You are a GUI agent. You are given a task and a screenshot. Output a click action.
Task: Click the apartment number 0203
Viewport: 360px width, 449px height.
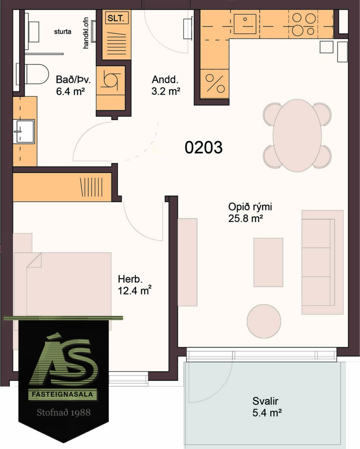(203, 147)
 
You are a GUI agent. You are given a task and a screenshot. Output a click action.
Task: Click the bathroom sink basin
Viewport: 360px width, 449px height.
(24, 131)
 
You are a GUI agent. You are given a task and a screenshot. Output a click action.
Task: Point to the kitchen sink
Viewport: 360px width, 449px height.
(245, 24)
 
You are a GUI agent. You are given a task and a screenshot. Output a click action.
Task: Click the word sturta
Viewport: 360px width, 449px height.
(62, 32)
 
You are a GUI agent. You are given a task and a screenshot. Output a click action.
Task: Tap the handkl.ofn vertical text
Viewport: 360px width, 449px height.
(86, 33)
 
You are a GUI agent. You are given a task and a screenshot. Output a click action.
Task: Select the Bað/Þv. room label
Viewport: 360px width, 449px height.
(73, 80)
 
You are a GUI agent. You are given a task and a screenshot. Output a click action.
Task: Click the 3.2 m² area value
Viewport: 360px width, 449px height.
(166, 91)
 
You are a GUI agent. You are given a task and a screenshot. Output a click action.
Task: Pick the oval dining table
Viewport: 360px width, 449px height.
(297, 135)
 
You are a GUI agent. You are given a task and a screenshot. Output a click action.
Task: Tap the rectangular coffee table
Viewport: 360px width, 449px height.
(268, 262)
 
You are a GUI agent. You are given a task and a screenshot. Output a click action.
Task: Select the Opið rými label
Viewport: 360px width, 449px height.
(250, 207)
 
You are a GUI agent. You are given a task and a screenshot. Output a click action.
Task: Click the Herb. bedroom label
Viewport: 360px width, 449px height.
(130, 279)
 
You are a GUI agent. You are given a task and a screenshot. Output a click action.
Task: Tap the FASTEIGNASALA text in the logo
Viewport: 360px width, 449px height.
(62, 394)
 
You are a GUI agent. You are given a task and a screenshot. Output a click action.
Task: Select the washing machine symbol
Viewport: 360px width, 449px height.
(111, 81)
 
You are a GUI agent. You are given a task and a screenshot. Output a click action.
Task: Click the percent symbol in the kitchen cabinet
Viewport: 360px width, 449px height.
(215, 83)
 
